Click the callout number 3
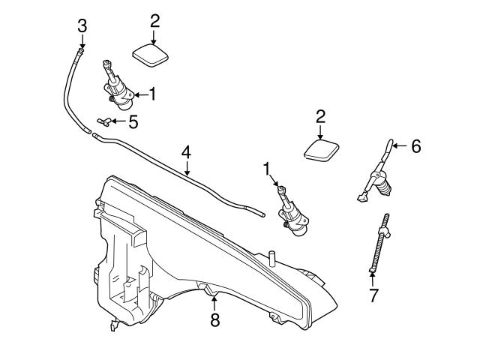pyautogui.click(x=82, y=25)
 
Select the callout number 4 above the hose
pyautogui.click(x=186, y=152)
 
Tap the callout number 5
pyautogui.click(x=133, y=122)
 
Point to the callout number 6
pyautogui.click(x=415, y=145)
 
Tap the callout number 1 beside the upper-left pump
pyautogui.click(x=154, y=94)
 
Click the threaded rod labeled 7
pyautogui.click(x=379, y=243)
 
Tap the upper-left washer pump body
pyautogui.click(x=120, y=91)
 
